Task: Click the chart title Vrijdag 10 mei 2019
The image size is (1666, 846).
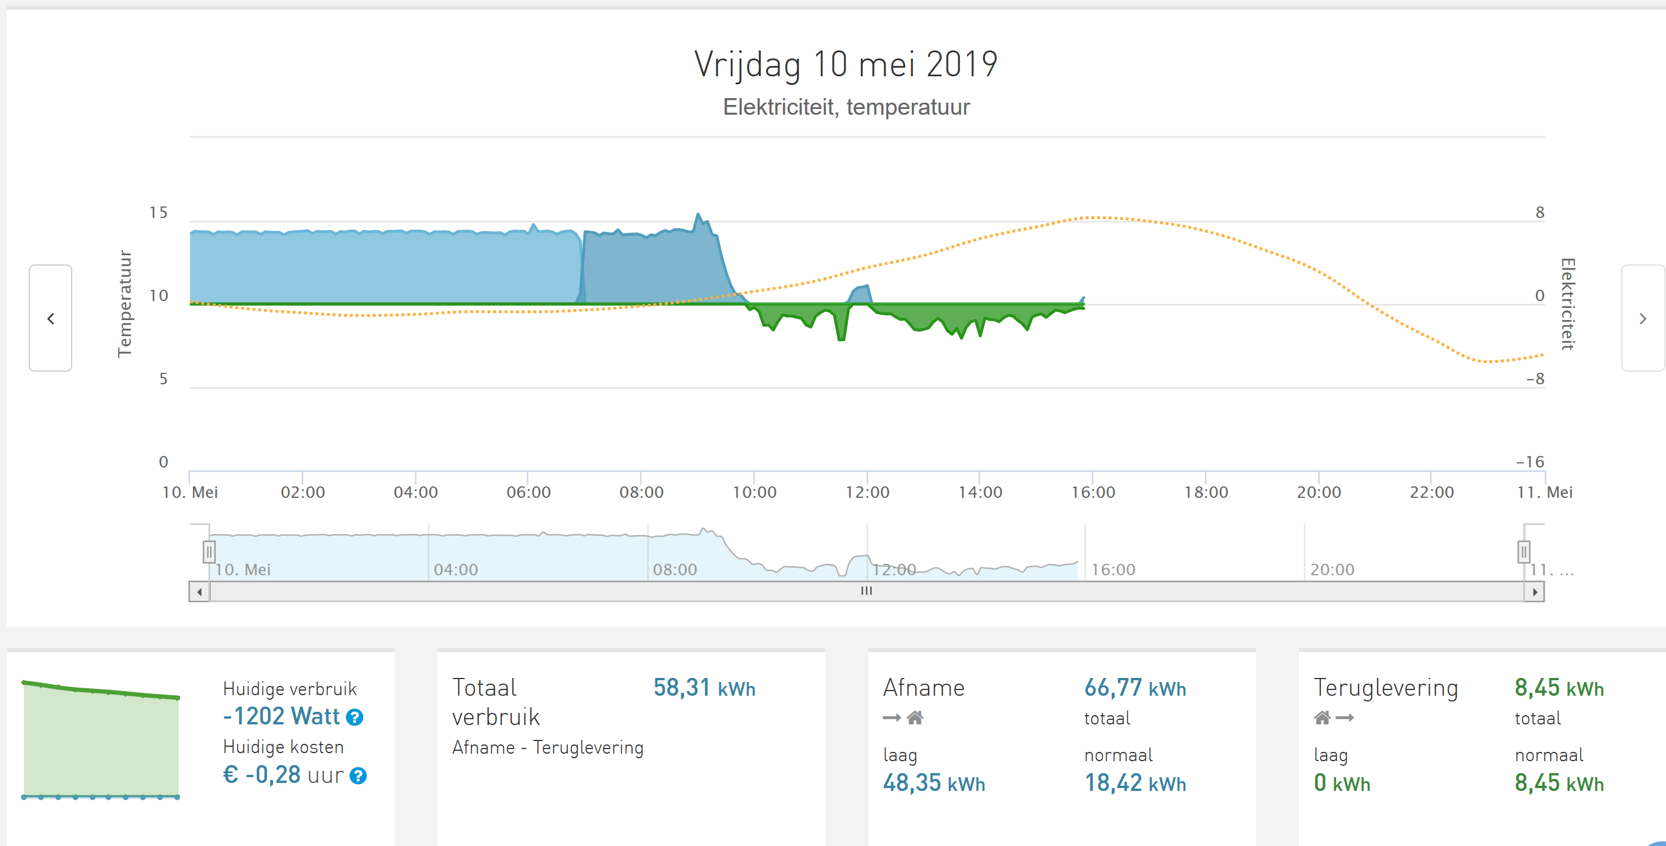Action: coord(845,64)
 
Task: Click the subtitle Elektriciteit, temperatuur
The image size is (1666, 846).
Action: coord(846,107)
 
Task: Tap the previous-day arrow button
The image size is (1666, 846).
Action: coord(50,318)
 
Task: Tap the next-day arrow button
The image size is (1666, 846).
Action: coord(1642,318)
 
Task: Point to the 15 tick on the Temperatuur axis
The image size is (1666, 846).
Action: coord(158,213)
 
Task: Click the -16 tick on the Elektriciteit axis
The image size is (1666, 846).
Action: coord(1530,462)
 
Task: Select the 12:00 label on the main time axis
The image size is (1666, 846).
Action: coord(867,492)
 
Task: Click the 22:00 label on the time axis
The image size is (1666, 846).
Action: coord(1431,492)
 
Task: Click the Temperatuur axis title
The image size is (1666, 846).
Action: coord(124,304)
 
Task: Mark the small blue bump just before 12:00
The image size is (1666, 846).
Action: coord(861,293)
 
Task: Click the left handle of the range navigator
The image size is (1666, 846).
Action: coord(209,552)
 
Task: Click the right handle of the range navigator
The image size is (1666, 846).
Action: coord(1524,552)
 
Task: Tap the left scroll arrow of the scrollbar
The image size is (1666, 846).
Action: coord(199,592)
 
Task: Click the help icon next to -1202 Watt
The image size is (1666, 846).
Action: coord(354,718)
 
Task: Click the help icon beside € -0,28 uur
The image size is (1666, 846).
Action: coord(358,775)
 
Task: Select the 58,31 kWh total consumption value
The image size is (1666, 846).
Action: coord(704,688)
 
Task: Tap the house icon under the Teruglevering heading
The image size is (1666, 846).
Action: coord(1322,718)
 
